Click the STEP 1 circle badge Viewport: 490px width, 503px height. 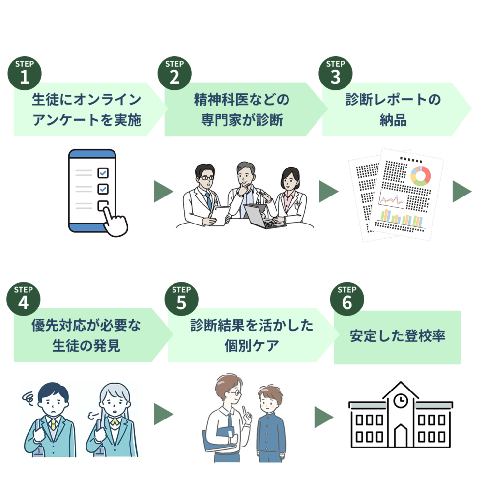pos(25,74)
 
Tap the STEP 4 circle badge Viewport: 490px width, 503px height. pos(24,299)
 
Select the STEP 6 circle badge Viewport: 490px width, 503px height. pos(347,299)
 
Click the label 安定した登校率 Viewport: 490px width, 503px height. pos(397,336)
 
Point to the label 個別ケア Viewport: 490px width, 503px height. pos(251,346)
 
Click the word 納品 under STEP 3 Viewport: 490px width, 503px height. pos(393,120)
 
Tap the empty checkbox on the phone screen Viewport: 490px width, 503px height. pos(103,206)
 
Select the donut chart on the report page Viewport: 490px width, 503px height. pos(420,176)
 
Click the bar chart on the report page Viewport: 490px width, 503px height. pos(402,219)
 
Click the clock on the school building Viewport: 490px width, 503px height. pos(401,401)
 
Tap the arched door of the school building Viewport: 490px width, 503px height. pos(401,436)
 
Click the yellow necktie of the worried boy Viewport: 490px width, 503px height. pos(53,424)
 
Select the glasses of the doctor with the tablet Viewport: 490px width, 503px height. pos(206,178)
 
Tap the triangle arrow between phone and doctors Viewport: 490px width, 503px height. pos(164,192)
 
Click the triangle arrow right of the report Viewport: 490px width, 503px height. pos(462,192)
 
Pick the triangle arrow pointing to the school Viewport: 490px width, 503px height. pos(324,417)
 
